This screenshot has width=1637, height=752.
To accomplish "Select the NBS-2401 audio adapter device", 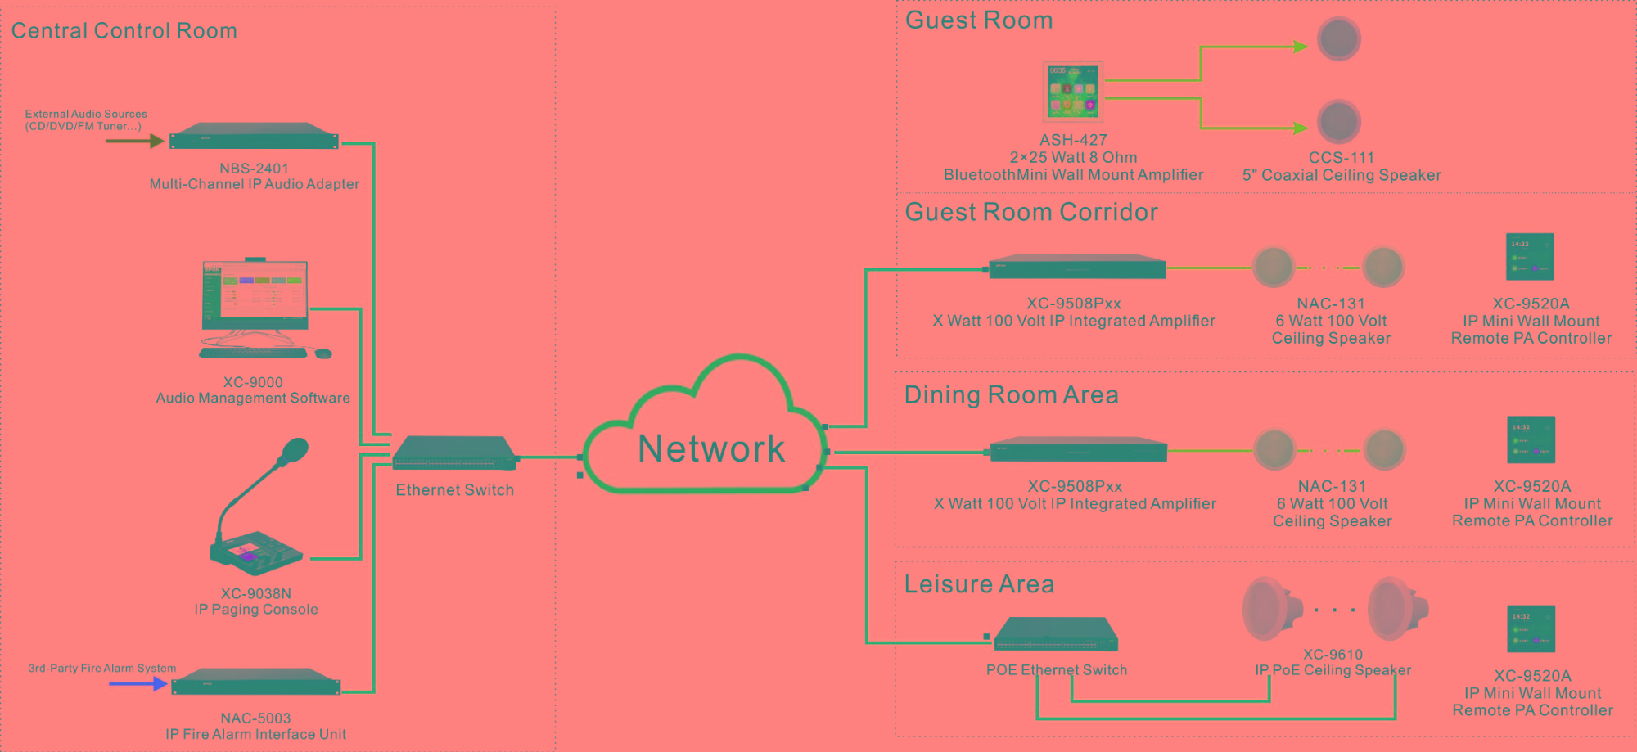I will coord(254,137).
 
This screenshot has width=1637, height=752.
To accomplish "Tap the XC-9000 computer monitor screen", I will coord(255,293).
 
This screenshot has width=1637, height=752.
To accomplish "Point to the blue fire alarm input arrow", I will coord(138,683).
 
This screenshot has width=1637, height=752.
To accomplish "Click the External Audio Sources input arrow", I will coord(134,141).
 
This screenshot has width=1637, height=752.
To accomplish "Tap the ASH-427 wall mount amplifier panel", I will coord(1073,91).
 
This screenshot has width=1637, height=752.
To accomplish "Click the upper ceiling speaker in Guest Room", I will coord(1338,39).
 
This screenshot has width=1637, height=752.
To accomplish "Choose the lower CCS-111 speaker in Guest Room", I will coord(1338,122).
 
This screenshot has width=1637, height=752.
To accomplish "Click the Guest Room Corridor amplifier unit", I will coord(1077,268).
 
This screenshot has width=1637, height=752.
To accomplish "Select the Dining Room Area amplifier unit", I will coord(1078,450).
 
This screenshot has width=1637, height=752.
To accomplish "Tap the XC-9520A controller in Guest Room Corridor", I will coord(1530,257).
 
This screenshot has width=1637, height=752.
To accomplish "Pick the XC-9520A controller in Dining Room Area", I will coord(1531,439).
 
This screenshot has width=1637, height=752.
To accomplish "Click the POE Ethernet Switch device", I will coord(1056,634).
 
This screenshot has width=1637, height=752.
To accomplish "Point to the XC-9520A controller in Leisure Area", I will coord(1531,628).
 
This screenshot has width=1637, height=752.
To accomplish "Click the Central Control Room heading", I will coord(124,31).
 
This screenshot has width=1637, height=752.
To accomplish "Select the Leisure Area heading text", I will coord(979,584).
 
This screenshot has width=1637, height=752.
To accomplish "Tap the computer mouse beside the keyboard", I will coord(323,353).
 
